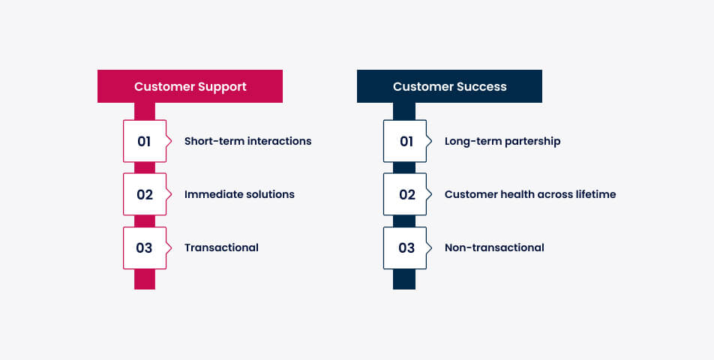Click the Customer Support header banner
pyautogui.click(x=190, y=86)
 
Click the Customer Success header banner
pyautogui.click(x=449, y=86)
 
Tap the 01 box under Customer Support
pyautogui.click(x=144, y=141)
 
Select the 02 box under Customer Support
pyautogui.click(x=144, y=194)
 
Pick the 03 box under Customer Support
pyautogui.click(x=144, y=247)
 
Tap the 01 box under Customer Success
pyautogui.click(x=406, y=141)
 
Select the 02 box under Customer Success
pyautogui.click(x=406, y=194)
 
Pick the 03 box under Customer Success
pyautogui.click(x=406, y=247)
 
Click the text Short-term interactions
pyautogui.click(x=247, y=141)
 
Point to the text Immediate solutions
pyautogui.click(x=239, y=194)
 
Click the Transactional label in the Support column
pyautogui.click(x=221, y=247)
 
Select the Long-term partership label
pyautogui.click(x=502, y=141)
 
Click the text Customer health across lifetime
pyautogui.click(x=530, y=194)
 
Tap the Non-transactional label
pyautogui.click(x=494, y=247)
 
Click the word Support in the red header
pyautogui.click(x=220, y=86)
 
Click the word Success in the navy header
pyautogui.click(x=480, y=86)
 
